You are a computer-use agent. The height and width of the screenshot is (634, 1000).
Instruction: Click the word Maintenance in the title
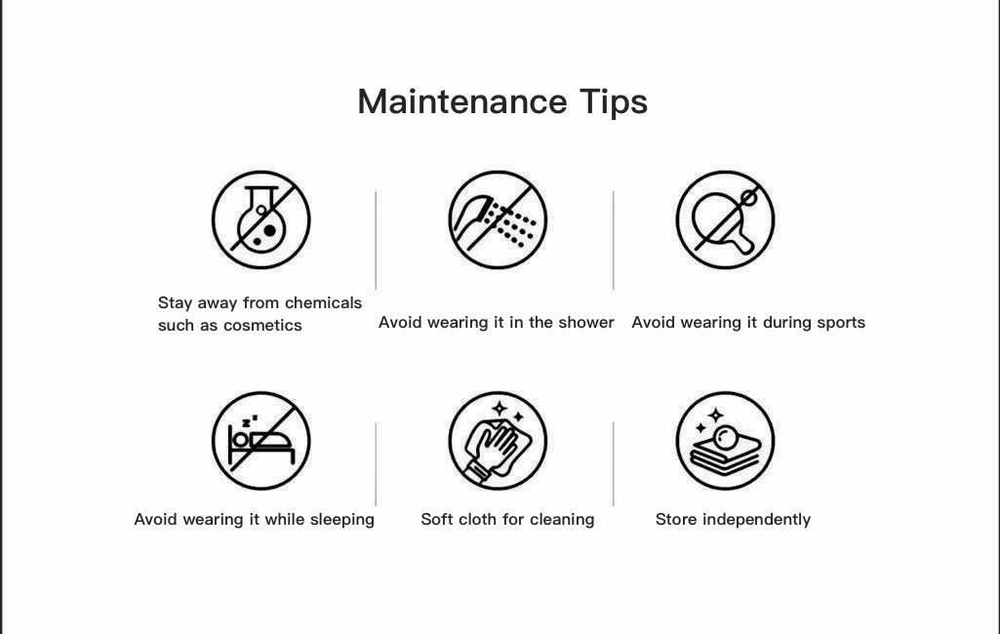[462, 101]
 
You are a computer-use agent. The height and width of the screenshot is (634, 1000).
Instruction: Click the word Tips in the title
[615, 102]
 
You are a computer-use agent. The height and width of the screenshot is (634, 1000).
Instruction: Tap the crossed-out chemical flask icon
[260, 220]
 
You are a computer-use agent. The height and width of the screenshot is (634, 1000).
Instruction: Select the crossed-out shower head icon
[498, 220]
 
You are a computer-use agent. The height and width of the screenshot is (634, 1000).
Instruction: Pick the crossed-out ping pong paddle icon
[725, 220]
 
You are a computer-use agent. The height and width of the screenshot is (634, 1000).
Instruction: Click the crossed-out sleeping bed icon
[260, 441]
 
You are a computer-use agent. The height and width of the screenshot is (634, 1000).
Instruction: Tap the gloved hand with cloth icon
[498, 441]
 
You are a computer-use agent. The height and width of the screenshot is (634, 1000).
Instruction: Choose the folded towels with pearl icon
[725, 441]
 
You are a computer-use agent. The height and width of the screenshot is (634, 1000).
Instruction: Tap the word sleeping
[341, 520]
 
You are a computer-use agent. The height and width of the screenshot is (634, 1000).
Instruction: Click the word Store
[676, 519]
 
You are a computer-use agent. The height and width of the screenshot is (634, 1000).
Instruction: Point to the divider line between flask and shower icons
[376, 240]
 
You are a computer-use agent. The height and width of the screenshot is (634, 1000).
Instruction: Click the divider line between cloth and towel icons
[613, 463]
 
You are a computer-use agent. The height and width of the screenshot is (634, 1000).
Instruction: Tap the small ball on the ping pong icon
[749, 198]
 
